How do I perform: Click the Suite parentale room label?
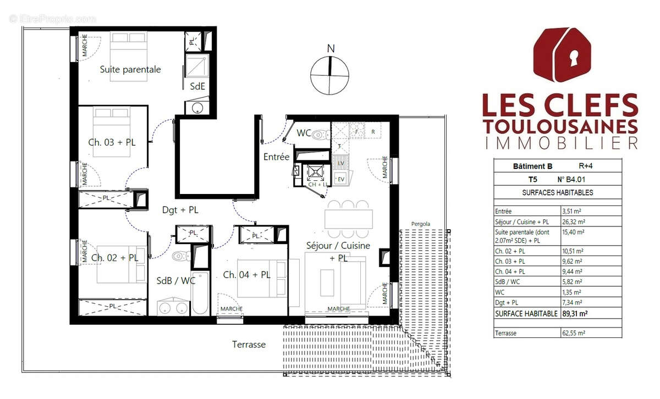tap(130, 70)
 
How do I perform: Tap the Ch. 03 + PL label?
tap(112, 142)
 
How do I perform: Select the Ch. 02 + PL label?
tap(114, 257)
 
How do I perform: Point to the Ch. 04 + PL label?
tap(246, 275)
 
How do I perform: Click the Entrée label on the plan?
tap(276, 157)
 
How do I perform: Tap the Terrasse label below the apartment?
tap(249, 345)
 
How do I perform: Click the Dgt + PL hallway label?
tap(180, 209)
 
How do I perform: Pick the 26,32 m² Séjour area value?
tap(573, 222)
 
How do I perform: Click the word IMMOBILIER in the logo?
tap(560, 143)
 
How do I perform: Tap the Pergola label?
tap(420, 224)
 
